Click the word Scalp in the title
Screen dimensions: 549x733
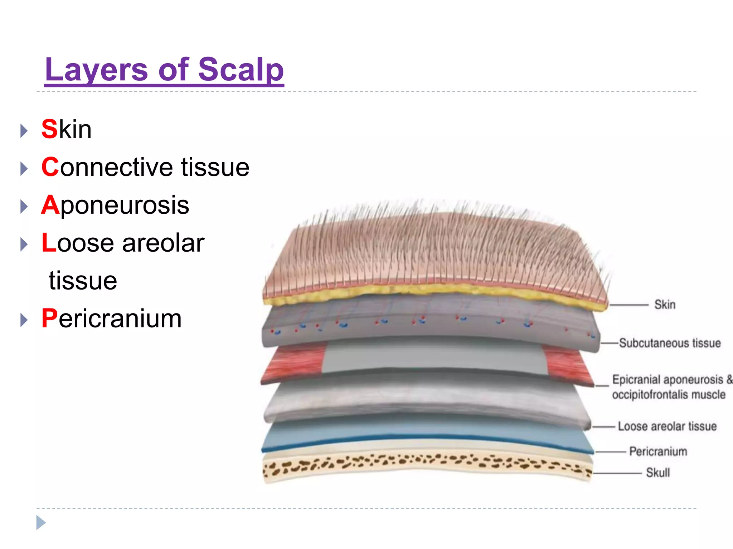pos(241,70)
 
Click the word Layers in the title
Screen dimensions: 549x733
pos(96,70)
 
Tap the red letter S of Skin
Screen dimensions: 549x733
pos(49,129)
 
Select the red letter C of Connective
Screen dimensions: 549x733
pos(50,167)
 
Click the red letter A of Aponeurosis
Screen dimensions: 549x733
pos(50,205)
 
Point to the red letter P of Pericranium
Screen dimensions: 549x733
pos(49,318)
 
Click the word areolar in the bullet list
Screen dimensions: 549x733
pos(163,243)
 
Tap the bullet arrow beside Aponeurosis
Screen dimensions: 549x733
pos(24,207)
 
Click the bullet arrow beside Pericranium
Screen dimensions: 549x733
pos(24,320)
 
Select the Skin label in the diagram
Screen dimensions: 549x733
pos(665,305)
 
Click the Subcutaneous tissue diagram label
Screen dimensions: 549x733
pos(670,343)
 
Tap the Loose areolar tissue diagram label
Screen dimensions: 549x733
pos(667,426)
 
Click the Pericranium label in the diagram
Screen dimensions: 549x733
pos(658,452)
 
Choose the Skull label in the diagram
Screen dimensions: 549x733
pos(657,473)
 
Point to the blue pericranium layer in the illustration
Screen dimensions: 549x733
pos(426,431)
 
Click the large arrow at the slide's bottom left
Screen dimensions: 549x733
pos(41,523)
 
